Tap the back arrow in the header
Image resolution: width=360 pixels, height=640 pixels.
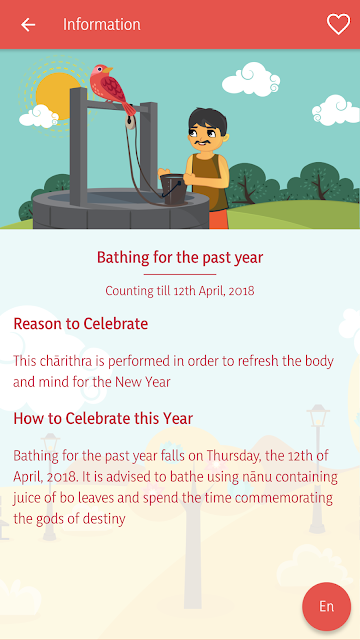click(x=28, y=25)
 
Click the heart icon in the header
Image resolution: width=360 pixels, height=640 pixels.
click(x=338, y=24)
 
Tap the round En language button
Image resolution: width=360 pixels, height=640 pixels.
click(x=327, y=607)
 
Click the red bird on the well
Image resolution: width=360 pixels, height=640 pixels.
click(x=111, y=88)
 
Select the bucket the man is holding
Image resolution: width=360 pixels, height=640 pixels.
click(x=173, y=189)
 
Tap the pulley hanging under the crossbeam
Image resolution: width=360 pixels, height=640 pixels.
click(x=130, y=122)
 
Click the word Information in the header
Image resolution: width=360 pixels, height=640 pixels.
click(x=102, y=24)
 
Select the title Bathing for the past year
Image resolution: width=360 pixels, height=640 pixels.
click(x=180, y=258)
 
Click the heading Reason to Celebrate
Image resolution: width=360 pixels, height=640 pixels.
click(x=80, y=324)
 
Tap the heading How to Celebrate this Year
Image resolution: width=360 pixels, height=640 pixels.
click(x=103, y=418)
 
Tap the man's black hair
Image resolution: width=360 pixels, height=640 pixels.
click(x=208, y=119)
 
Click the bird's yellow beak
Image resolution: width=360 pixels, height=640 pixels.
click(x=108, y=70)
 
